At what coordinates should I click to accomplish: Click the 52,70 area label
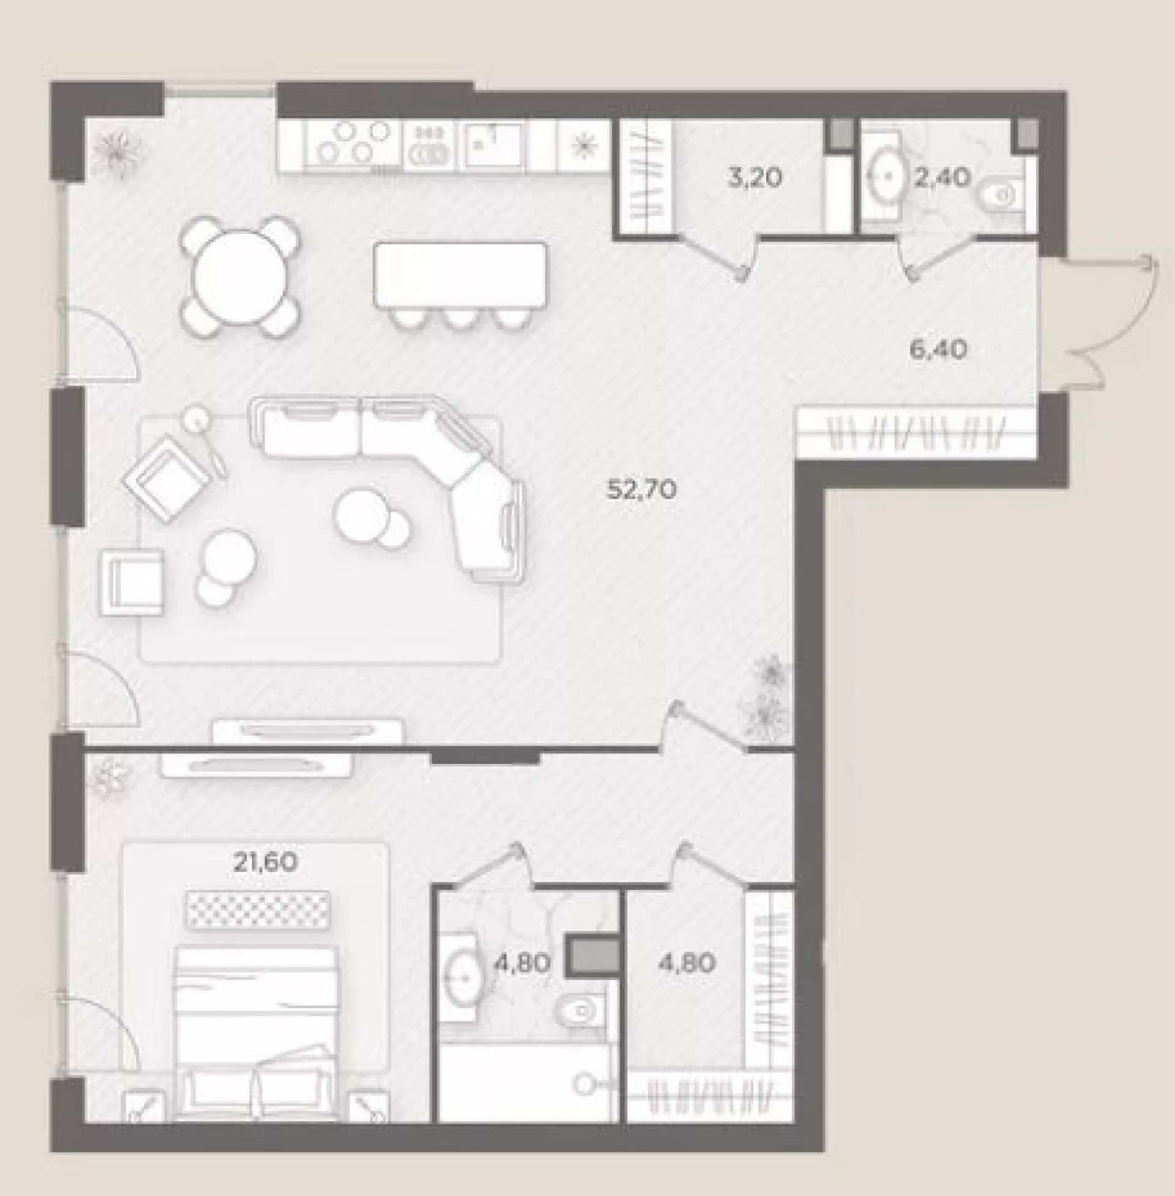tap(642, 490)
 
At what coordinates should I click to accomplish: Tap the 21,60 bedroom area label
tap(266, 862)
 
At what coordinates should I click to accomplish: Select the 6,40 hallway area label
tap(938, 350)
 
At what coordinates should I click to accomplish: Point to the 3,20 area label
tap(754, 178)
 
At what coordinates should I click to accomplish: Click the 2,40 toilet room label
tap(942, 178)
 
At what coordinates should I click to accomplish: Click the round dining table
tap(241, 277)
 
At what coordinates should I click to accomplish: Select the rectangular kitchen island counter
tap(460, 275)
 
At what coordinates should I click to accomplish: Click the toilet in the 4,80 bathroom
tap(581, 1011)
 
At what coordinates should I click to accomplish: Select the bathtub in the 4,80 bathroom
tap(526, 1082)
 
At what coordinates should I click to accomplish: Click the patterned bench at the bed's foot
tap(259, 910)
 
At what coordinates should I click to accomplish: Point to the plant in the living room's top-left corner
tap(117, 154)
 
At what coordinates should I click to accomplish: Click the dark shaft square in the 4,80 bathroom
tap(593, 956)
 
